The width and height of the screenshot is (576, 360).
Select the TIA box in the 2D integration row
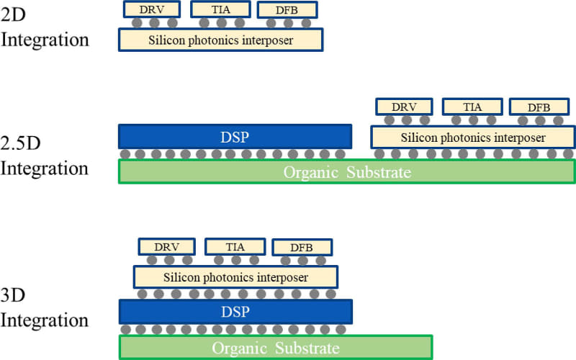click(x=220, y=9)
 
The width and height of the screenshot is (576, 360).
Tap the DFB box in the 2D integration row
click(x=287, y=10)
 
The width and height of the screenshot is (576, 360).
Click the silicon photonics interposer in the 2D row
click(x=220, y=40)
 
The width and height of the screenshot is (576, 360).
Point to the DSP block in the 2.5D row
click(x=235, y=136)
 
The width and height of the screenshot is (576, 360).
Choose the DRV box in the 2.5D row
click(x=404, y=107)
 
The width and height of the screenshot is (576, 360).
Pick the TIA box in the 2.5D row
click(x=472, y=107)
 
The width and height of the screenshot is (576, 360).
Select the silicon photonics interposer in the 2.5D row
click(x=472, y=136)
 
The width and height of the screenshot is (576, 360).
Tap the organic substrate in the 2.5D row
click(x=346, y=171)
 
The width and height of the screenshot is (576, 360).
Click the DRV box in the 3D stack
click(x=166, y=247)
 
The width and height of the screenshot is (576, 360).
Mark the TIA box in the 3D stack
click(x=235, y=247)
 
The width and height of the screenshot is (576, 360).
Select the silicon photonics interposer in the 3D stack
click(x=235, y=276)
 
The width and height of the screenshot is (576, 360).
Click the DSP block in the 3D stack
click(x=235, y=312)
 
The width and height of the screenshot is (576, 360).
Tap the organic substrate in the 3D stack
click(x=275, y=347)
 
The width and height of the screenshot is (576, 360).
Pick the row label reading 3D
click(x=15, y=295)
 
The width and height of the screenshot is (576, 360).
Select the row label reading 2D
click(x=14, y=14)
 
